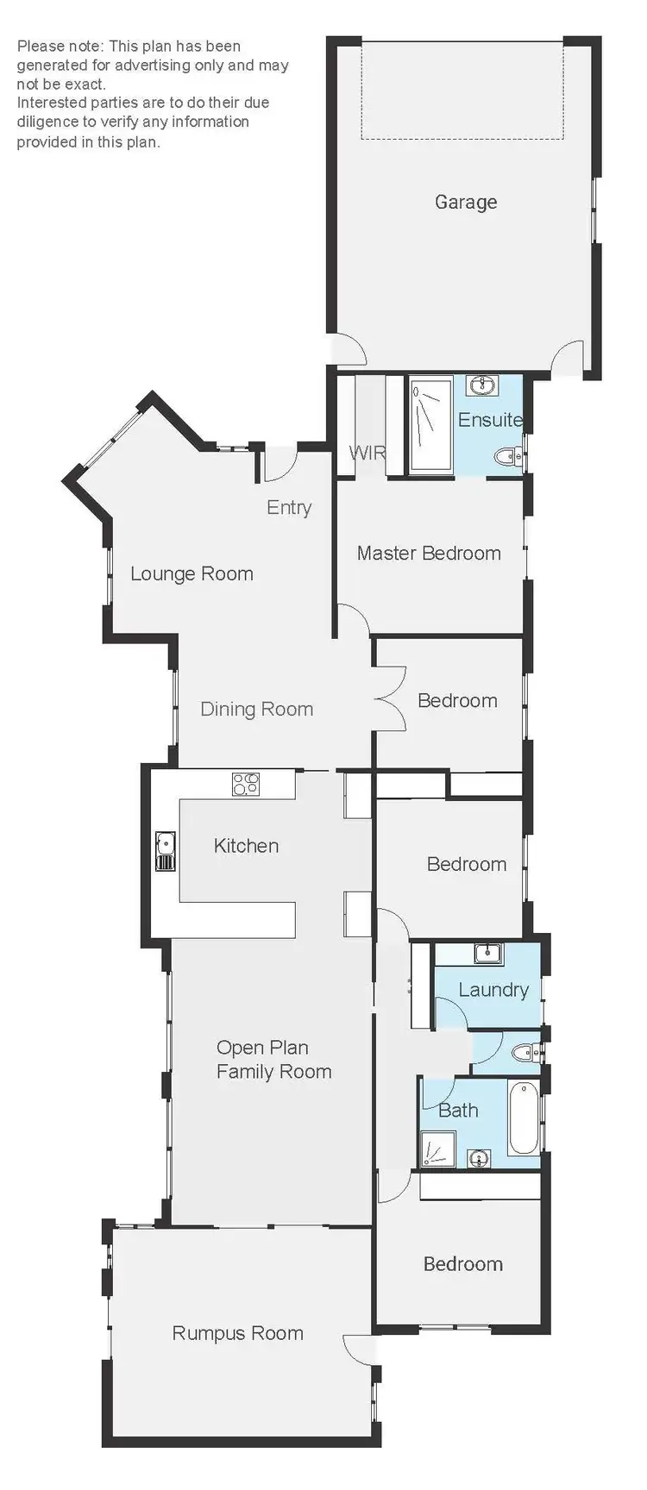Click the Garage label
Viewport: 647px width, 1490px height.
(466, 203)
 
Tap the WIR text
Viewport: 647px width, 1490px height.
(367, 453)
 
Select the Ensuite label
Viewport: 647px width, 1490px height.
(490, 420)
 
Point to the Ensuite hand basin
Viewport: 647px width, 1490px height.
(481, 385)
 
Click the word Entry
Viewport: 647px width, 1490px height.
(289, 508)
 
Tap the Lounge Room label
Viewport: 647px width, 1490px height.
(192, 574)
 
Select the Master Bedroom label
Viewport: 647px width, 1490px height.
(429, 554)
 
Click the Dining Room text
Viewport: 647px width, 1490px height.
(256, 710)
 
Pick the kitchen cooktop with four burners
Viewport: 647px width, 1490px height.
(246, 785)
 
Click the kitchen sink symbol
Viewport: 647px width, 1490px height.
(165, 851)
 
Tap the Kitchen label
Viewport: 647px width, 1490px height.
(246, 846)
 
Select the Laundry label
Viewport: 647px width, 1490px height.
(493, 990)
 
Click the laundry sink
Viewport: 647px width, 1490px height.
(488, 953)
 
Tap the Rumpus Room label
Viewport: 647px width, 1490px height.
(237, 1334)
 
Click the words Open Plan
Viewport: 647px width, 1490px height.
(262, 1048)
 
